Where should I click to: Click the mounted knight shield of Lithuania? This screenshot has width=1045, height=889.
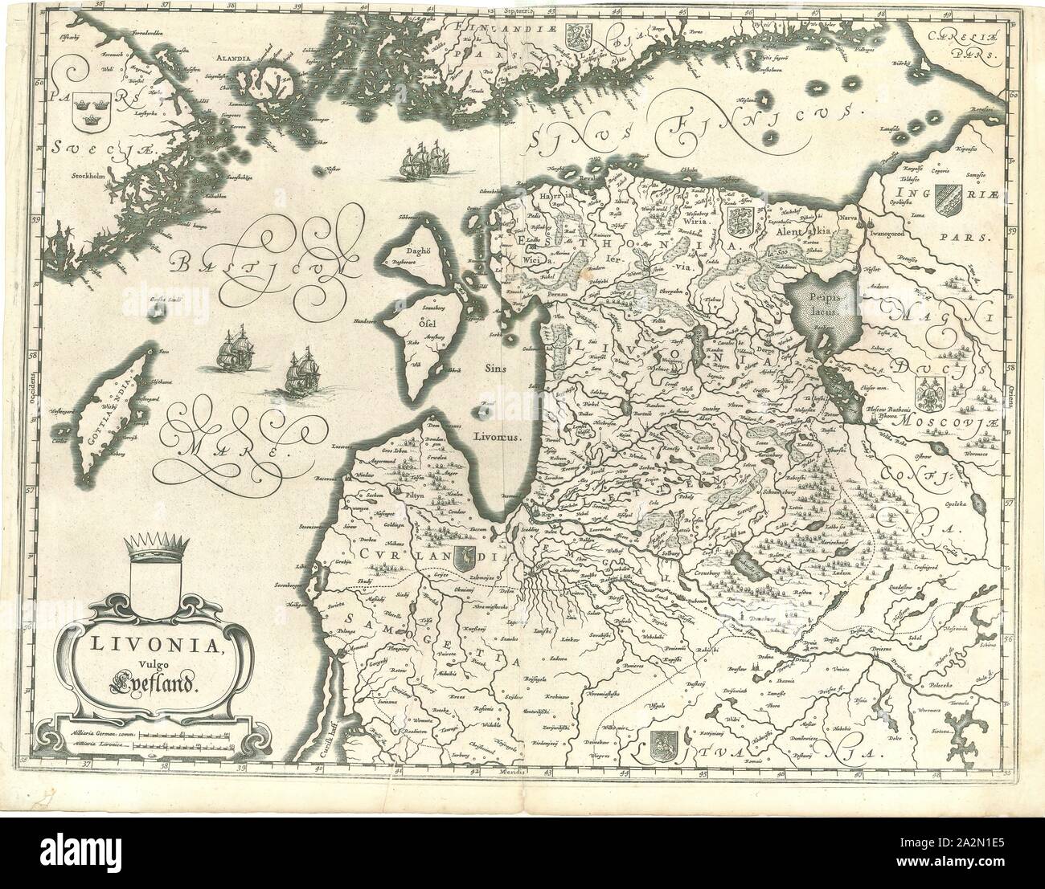(664, 744)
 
